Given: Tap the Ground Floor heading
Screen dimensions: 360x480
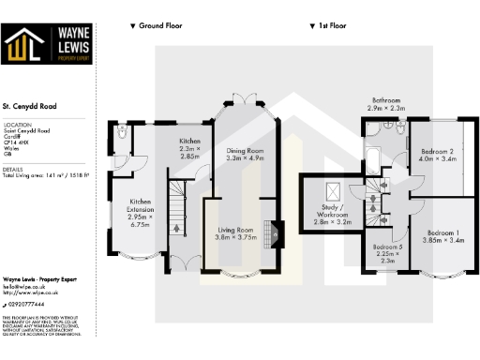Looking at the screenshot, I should tap(159, 25).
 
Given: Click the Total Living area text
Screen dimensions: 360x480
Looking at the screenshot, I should tap(45, 174).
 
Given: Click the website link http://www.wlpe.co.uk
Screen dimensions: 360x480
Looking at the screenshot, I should tap(30, 292).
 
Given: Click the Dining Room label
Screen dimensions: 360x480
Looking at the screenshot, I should tap(242, 150).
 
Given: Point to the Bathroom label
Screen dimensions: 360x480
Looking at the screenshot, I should tap(386, 99).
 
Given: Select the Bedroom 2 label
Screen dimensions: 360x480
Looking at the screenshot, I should tap(437, 152).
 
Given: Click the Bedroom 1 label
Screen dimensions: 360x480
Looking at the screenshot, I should tap(443, 232).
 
